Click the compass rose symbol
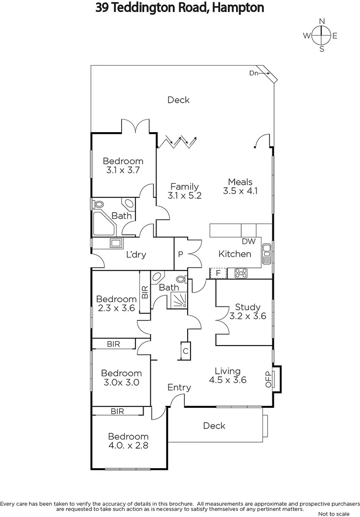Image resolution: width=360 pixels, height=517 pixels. coord(322,35)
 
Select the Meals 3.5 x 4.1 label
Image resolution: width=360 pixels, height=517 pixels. coord(240,186)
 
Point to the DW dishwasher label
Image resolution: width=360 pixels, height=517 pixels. coord(248,241)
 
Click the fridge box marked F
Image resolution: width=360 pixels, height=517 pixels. coord(218,273)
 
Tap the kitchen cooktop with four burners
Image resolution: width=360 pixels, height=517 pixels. coord(241,273)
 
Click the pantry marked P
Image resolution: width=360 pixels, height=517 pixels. coord(180,254)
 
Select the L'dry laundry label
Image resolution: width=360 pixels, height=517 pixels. coord(136,255)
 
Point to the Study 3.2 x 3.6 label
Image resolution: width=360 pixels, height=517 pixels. coord(247,312)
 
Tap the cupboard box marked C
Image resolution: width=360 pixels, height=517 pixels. coord(185,351)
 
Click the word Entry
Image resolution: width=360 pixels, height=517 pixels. coord(179,388)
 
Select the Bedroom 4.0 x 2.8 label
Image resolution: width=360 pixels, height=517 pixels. coord(128,441)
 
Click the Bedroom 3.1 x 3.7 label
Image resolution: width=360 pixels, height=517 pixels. coord(123,166)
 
